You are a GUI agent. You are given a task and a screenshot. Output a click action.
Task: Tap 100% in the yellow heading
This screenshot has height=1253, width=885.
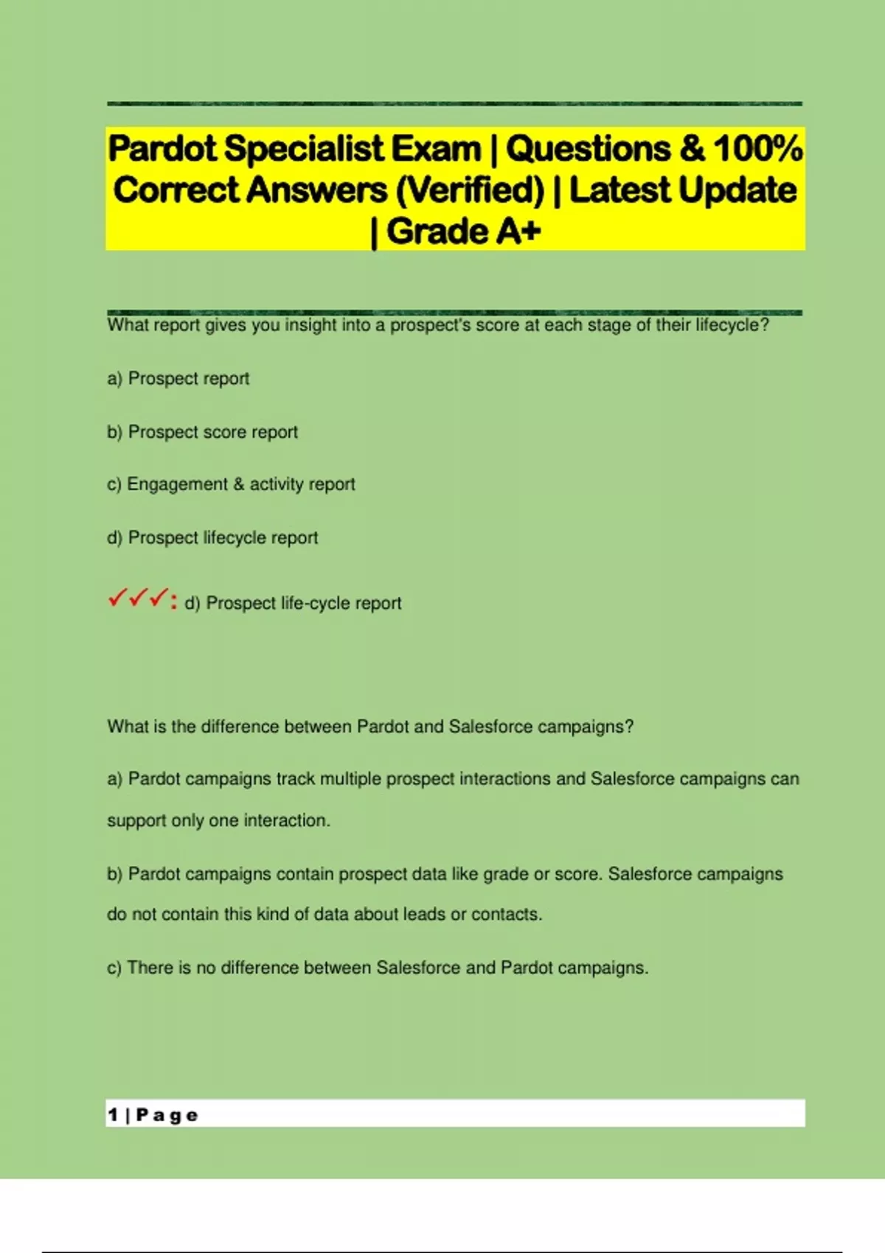pos(758,149)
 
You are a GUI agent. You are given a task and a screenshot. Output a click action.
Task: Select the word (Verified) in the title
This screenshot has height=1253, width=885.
pos(470,190)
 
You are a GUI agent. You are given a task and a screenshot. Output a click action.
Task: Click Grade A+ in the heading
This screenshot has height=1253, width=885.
pos(463,231)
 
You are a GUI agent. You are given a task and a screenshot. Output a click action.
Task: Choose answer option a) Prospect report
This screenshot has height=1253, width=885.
pos(178,379)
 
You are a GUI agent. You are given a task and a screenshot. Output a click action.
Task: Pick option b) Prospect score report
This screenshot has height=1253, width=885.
pos(203,432)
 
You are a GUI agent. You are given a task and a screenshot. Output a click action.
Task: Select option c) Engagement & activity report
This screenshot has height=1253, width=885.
pos(232,484)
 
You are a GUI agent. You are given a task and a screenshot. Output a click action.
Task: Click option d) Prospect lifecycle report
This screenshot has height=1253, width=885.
pos(212,538)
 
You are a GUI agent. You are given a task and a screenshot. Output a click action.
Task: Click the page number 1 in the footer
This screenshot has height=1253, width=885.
pos(112,1115)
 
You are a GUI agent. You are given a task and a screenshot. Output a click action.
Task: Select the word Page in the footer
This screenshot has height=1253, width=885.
pos(167,1116)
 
